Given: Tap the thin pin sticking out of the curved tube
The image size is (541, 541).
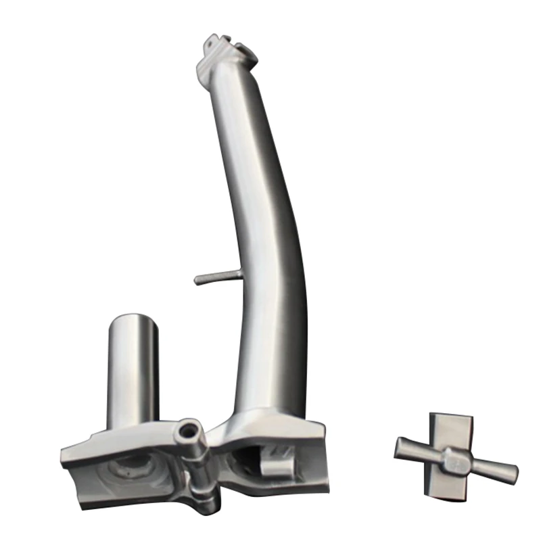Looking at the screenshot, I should [x=215, y=277].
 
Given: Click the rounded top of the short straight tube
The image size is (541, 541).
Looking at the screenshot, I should [x=133, y=320].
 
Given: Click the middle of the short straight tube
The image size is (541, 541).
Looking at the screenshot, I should [x=133, y=372].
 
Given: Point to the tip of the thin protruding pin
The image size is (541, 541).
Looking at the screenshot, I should [x=197, y=279].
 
